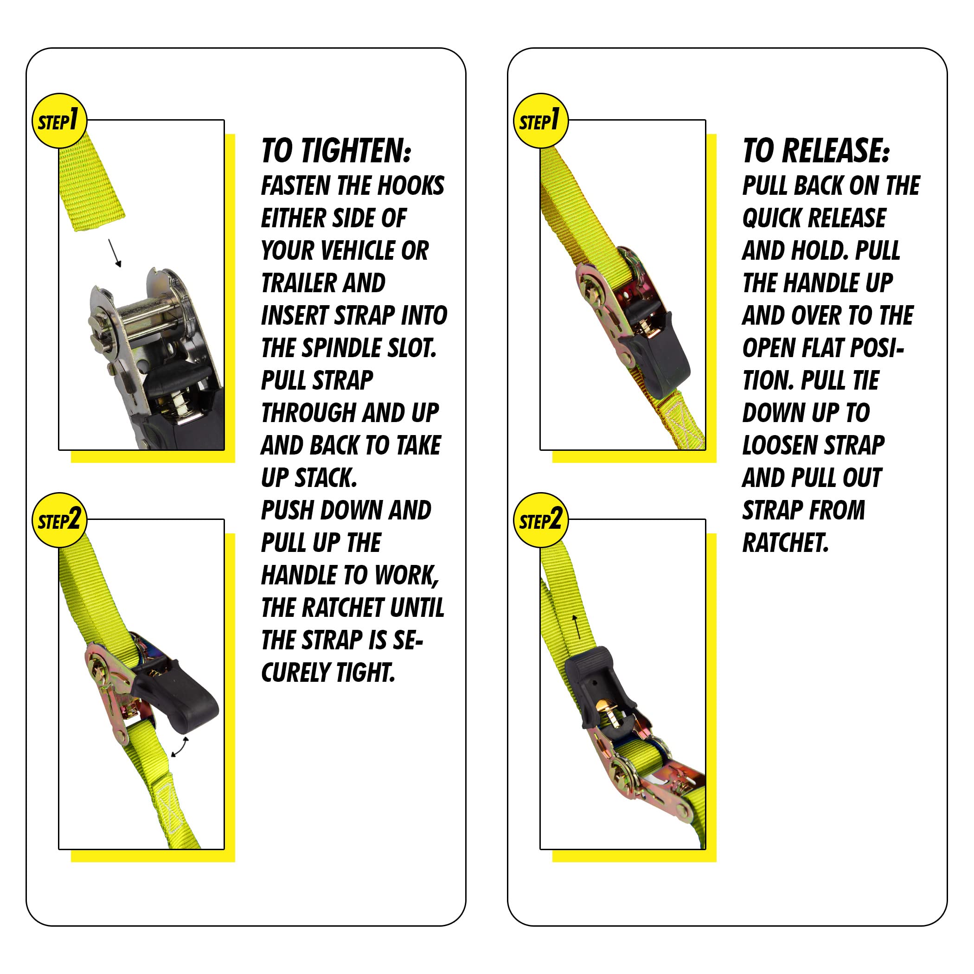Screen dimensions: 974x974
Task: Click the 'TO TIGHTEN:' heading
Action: coord(336,151)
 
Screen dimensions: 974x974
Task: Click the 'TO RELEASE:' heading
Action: coord(816,151)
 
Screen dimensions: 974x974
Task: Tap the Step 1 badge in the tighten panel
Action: coord(59,121)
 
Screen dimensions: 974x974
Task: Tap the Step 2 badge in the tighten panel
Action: coord(59,520)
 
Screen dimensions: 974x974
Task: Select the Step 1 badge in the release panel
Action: coord(540,121)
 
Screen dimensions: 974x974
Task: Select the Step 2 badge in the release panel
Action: coord(540,520)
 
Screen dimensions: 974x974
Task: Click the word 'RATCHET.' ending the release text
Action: coord(785,543)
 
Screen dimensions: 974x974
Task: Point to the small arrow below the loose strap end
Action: coord(115,253)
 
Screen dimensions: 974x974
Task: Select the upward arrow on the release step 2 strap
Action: coord(577,627)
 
